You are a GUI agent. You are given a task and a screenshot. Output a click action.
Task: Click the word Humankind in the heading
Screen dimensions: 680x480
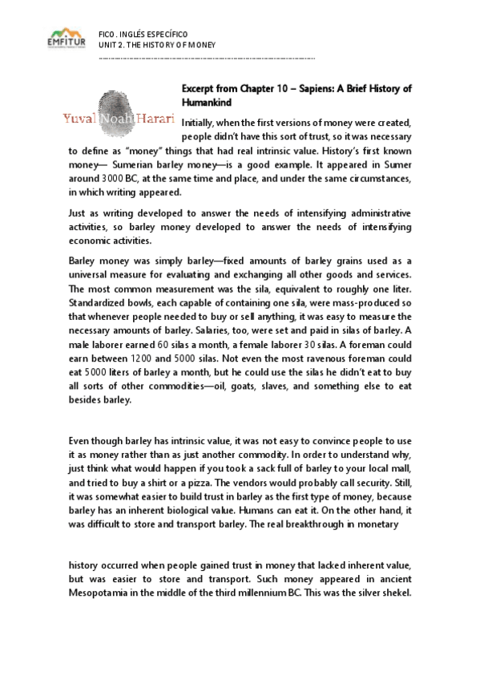pos(207,103)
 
